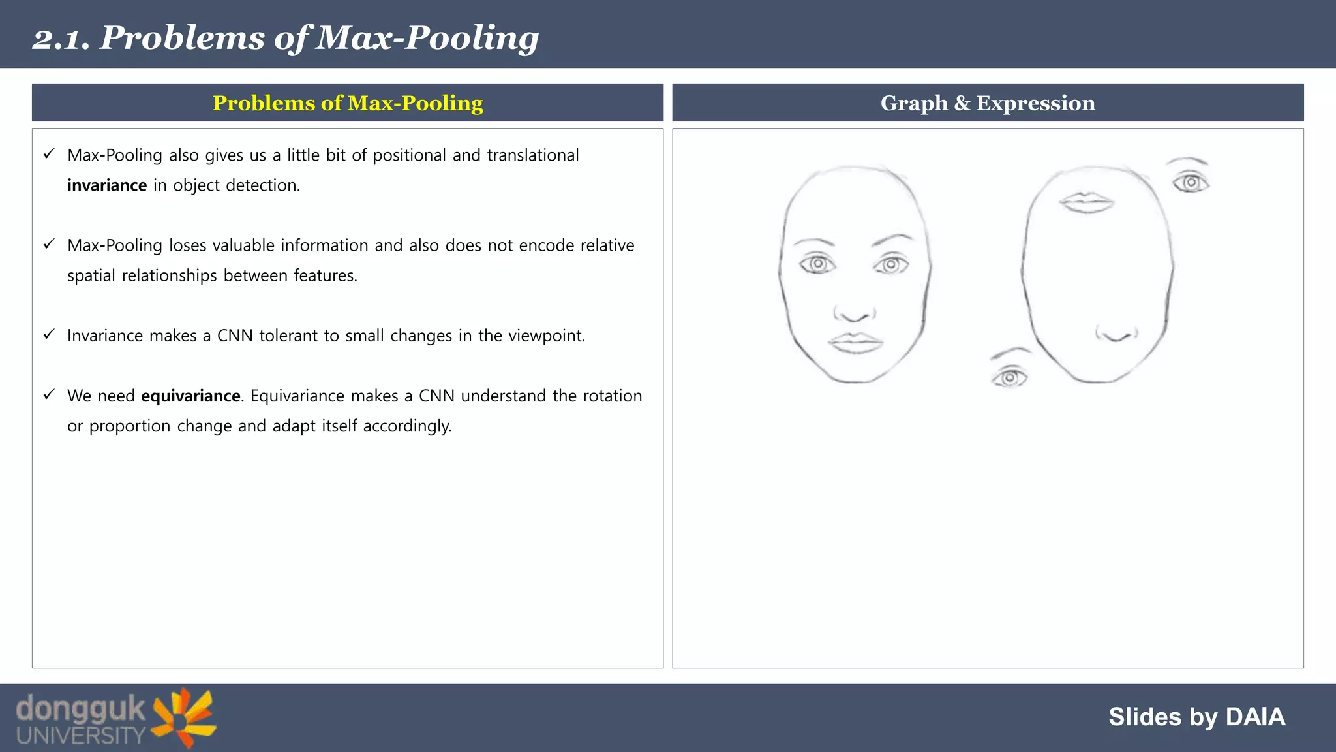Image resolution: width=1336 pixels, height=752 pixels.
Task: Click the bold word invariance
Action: coord(107,185)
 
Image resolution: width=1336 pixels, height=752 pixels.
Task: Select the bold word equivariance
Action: coord(190,396)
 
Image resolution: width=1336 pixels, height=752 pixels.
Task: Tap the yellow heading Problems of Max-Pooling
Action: coord(348,103)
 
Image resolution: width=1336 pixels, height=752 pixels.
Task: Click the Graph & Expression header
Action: coord(988,103)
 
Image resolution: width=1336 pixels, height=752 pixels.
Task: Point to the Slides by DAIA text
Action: coord(1196,717)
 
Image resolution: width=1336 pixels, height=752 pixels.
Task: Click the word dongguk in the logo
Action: coord(80,709)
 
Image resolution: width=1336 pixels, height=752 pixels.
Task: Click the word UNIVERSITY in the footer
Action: coord(80,736)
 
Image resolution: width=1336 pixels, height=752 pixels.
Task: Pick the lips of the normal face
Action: coord(855,343)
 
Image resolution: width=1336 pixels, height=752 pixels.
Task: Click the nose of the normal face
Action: coord(854,314)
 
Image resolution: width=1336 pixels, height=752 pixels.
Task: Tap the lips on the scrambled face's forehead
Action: coord(1086,202)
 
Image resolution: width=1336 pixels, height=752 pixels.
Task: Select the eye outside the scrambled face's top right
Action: coord(1191,182)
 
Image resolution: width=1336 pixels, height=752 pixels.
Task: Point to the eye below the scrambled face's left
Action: coord(1009,377)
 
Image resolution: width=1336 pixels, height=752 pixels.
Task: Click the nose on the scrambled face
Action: coord(1117,334)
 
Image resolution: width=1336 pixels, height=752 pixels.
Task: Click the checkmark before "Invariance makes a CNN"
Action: coord(49,335)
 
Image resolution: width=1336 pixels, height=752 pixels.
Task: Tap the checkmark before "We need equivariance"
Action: coord(49,395)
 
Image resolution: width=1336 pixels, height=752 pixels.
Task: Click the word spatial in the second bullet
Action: coord(91,276)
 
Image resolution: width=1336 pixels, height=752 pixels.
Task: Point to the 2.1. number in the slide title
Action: coord(61,39)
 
